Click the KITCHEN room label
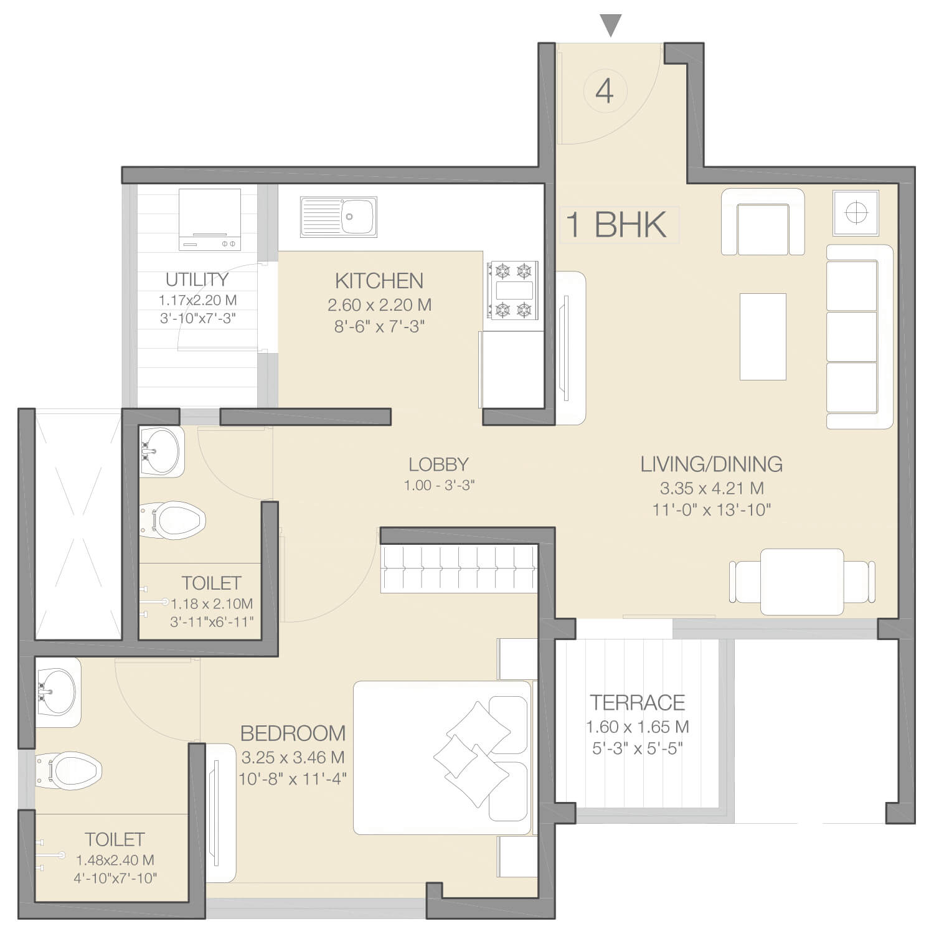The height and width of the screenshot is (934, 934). point(379,281)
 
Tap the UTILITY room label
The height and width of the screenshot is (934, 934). point(197,280)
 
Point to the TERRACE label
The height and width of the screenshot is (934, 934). point(638,703)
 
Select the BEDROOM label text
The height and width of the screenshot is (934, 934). point(293,734)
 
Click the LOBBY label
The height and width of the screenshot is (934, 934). point(438,465)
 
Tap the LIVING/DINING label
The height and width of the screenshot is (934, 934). point(712,464)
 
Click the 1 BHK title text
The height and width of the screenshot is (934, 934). point(616,224)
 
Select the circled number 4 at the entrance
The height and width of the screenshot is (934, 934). point(605,92)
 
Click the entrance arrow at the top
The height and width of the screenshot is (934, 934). point(611,26)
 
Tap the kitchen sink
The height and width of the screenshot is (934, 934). point(339,217)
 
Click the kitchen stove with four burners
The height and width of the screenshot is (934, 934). point(512,291)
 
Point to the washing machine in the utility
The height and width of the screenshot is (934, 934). point(210,220)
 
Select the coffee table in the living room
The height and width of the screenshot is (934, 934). point(763,336)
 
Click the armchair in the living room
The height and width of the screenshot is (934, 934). point(763,222)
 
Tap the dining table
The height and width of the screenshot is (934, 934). point(802,582)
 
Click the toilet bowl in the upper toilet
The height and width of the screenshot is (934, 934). point(172,521)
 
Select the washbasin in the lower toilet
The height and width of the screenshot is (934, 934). point(58,692)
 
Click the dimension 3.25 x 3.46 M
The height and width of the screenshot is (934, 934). point(293,758)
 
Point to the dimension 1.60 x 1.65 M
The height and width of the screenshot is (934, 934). point(638,727)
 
